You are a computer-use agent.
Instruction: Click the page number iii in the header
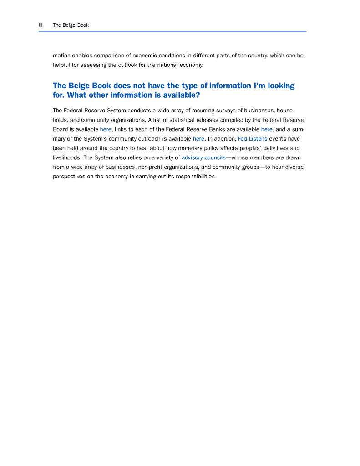click(x=41, y=25)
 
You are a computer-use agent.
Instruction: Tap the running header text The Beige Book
click(x=71, y=25)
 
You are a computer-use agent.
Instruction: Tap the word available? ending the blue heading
click(x=177, y=96)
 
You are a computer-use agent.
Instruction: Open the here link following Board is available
click(x=106, y=129)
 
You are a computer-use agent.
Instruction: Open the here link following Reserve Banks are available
click(x=267, y=129)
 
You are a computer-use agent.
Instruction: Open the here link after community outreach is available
click(x=198, y=139)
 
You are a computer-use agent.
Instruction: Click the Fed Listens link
click(x=253, y=139)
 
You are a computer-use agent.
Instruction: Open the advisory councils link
click(x=203, y=157)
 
